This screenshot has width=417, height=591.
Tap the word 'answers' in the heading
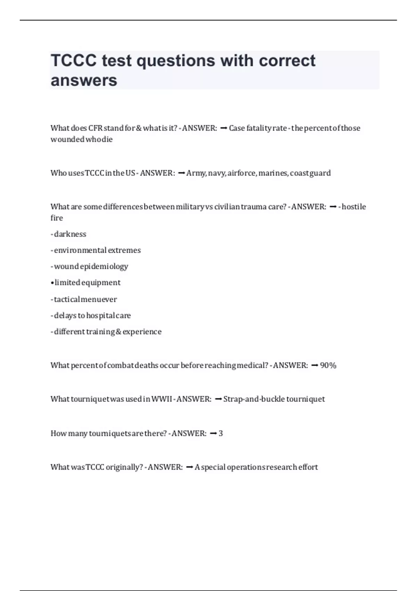click(84, 80)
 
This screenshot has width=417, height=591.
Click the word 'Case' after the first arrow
click(237, 128)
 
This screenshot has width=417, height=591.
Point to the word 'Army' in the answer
click(196, 173)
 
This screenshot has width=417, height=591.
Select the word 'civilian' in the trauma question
click(227, 207)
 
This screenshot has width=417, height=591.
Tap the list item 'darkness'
click(70, 234)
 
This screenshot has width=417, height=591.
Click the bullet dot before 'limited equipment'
click(52, 283)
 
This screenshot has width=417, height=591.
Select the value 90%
click(328, 365)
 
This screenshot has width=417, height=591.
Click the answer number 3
click(221, 434)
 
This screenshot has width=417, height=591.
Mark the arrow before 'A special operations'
click(190, 467)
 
